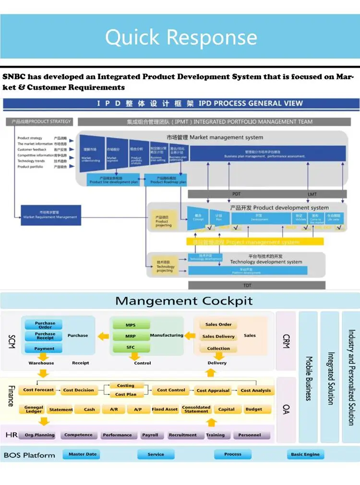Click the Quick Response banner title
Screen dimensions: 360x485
(x=181, y=37)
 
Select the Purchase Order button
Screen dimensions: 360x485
(x=45, y=325)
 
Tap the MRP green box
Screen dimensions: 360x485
(x=131, y=336)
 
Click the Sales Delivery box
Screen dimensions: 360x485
(x=218, y=336)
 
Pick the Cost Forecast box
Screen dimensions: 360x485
(x=39, y=390)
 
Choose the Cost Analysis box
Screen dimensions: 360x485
(x=256, y=390)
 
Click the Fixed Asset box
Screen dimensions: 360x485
(x=165, y=409)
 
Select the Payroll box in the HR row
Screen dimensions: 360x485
(x=150, y=435)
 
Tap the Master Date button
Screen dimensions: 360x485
(x=83, y=454)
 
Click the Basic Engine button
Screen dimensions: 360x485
(x=305, y=454)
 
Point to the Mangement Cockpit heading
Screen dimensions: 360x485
(x=184, y=301)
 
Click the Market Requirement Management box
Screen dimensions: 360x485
(x=50, y=214)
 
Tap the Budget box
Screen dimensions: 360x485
(x=253, y=409)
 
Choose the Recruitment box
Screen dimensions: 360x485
(x=182, y=435)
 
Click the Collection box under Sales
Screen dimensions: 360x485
(x=218, y=348)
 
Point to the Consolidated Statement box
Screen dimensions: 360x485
(x=196, y=409)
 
